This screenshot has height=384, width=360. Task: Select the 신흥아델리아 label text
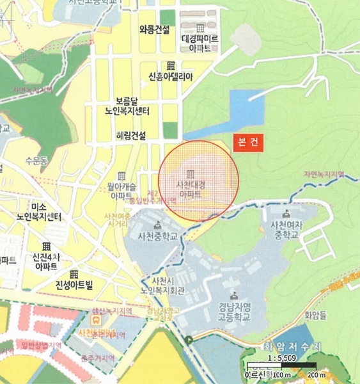pyautogui.click(x=170, y=77)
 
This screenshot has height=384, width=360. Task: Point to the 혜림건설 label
pyautogui.click(x=130, y=136)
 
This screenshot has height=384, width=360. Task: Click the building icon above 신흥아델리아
pyautogui.click(x=170, y=66)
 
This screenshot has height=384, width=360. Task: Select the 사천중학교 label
pyautogui.click(x=157, y=236)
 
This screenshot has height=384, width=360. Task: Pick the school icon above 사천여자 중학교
pyautogui.click(x=286, y=214)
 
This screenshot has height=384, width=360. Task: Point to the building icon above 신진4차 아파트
pyautogui.click(x=46, y=246)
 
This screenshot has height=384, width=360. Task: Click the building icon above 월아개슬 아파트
pyautogui.click(x=121, y=175)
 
